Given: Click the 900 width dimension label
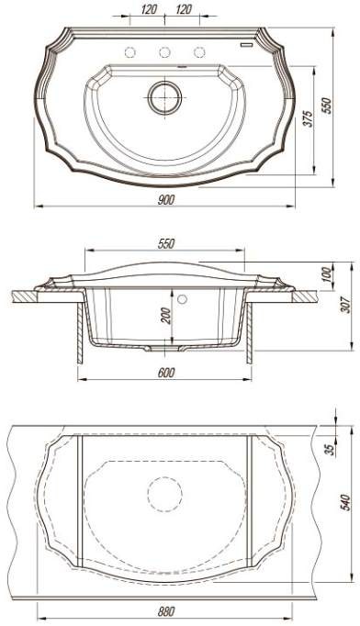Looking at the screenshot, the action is coord(166,199).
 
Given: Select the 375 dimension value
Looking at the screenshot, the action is coord(308,118).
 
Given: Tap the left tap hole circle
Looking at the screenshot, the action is coord(130,52).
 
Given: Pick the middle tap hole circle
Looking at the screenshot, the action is coord(165,52).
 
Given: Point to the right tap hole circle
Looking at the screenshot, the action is coord(199,52).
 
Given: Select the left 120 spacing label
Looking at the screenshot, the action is coord(149,9).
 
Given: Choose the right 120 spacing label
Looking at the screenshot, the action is coord(184,9).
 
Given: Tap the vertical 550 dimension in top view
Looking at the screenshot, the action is coord(327,106).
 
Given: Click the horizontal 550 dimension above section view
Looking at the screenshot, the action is coord(166,244).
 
